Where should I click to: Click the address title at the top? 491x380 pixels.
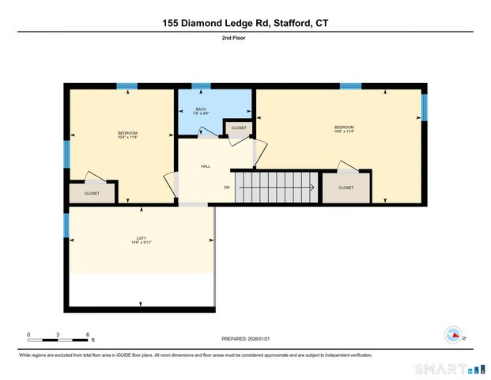[x=245, y=23]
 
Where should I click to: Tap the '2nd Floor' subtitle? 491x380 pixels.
[x=245, y=38]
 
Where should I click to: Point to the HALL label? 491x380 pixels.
[x=205, y=166]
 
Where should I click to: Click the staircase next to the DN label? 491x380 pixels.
[x=277, y=188]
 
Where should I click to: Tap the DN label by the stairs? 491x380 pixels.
[x=226, y=188]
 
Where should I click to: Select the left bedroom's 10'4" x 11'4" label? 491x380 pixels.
[x=128, y=135]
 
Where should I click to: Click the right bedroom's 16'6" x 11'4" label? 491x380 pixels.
[x=344, y=131]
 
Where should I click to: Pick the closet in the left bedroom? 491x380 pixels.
[x=92, y=193]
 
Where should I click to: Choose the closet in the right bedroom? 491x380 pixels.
[x=346, y=188]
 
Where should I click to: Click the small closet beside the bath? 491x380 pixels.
[x=239, y=128]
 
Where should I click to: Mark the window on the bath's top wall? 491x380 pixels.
[x=202, y=86]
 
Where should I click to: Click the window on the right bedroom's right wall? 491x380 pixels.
[x=424, y=107]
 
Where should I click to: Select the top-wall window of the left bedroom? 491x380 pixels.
[x=127, y=86]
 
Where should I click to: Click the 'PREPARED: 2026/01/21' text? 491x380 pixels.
[x=245, y=339]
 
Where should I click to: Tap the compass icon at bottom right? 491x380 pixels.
[x=453, y=335]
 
